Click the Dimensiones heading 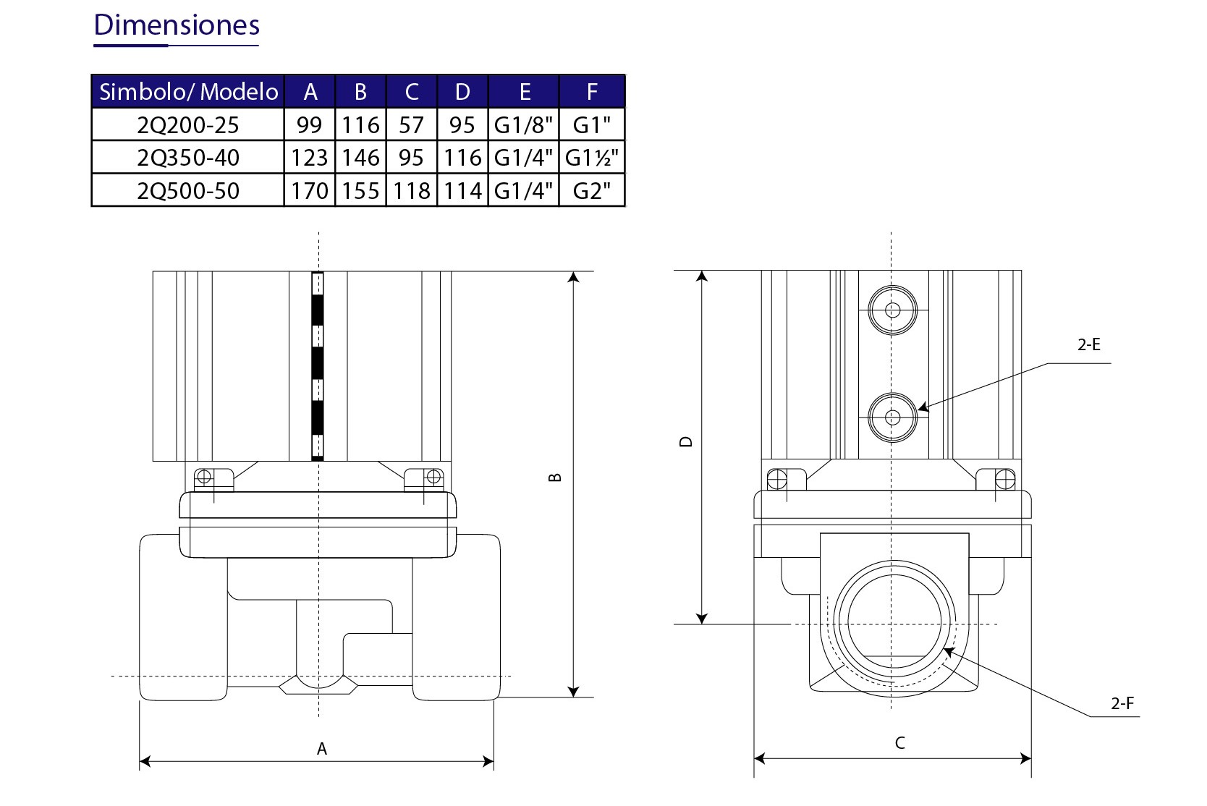click(177, 25)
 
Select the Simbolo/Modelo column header click(188, 92)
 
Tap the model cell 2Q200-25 click(188, 125)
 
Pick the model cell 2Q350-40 click(188, 158)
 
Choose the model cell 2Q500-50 click(188, 190)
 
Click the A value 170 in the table click(310, 190)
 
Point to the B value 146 click(360, 158)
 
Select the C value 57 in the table click(411, 125)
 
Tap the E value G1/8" click(524, 125)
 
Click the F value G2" click(592, 190)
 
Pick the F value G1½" click(592, 158)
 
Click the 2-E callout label click(1088, 345)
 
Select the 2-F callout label click(1122, 703)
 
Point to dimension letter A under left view click(322, 749)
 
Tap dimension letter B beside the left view click(556, 478)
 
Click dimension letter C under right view click(899, 743)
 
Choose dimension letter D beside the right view click(687, 441)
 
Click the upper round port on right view click(892, 310)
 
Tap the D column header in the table click(462, 92)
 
